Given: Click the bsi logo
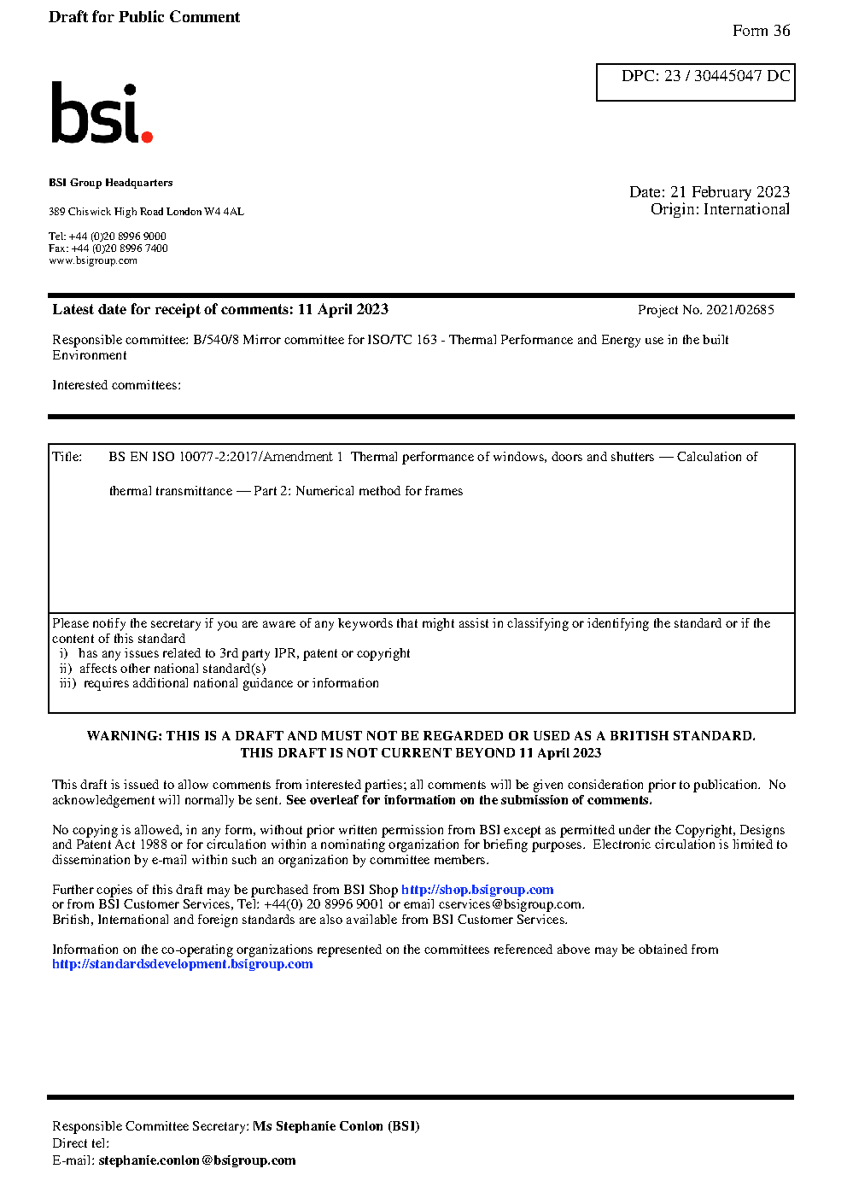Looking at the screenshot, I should pos(101,114).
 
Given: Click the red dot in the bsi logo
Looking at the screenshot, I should pos(147,137).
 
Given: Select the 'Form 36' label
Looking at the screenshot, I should pos(761,31).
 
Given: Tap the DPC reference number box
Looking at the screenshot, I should pos(695,82).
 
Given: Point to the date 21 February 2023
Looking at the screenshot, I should pos(729,192).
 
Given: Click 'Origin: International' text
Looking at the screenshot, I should pos(720,209).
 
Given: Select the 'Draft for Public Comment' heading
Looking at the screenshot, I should pos(144,17).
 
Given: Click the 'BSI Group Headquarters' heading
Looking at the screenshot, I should pos(110,183).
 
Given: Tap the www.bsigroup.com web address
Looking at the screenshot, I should pos(92,261).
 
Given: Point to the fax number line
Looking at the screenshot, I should pos(108,248).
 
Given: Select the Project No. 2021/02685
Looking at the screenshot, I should pos(705,310).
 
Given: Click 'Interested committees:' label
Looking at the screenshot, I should pos(116,385).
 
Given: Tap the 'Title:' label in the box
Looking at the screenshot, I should pos(67,457).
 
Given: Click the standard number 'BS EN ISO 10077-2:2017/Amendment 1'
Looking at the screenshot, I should pos(225,457).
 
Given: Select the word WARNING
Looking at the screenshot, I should pos(123,736).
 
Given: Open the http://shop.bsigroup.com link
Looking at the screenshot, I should pos(477,890).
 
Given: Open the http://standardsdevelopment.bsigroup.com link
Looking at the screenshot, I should pos(182,964).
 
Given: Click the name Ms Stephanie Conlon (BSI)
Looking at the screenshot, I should pos(336,1126).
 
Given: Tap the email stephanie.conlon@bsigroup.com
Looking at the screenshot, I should pos(196,1160).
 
